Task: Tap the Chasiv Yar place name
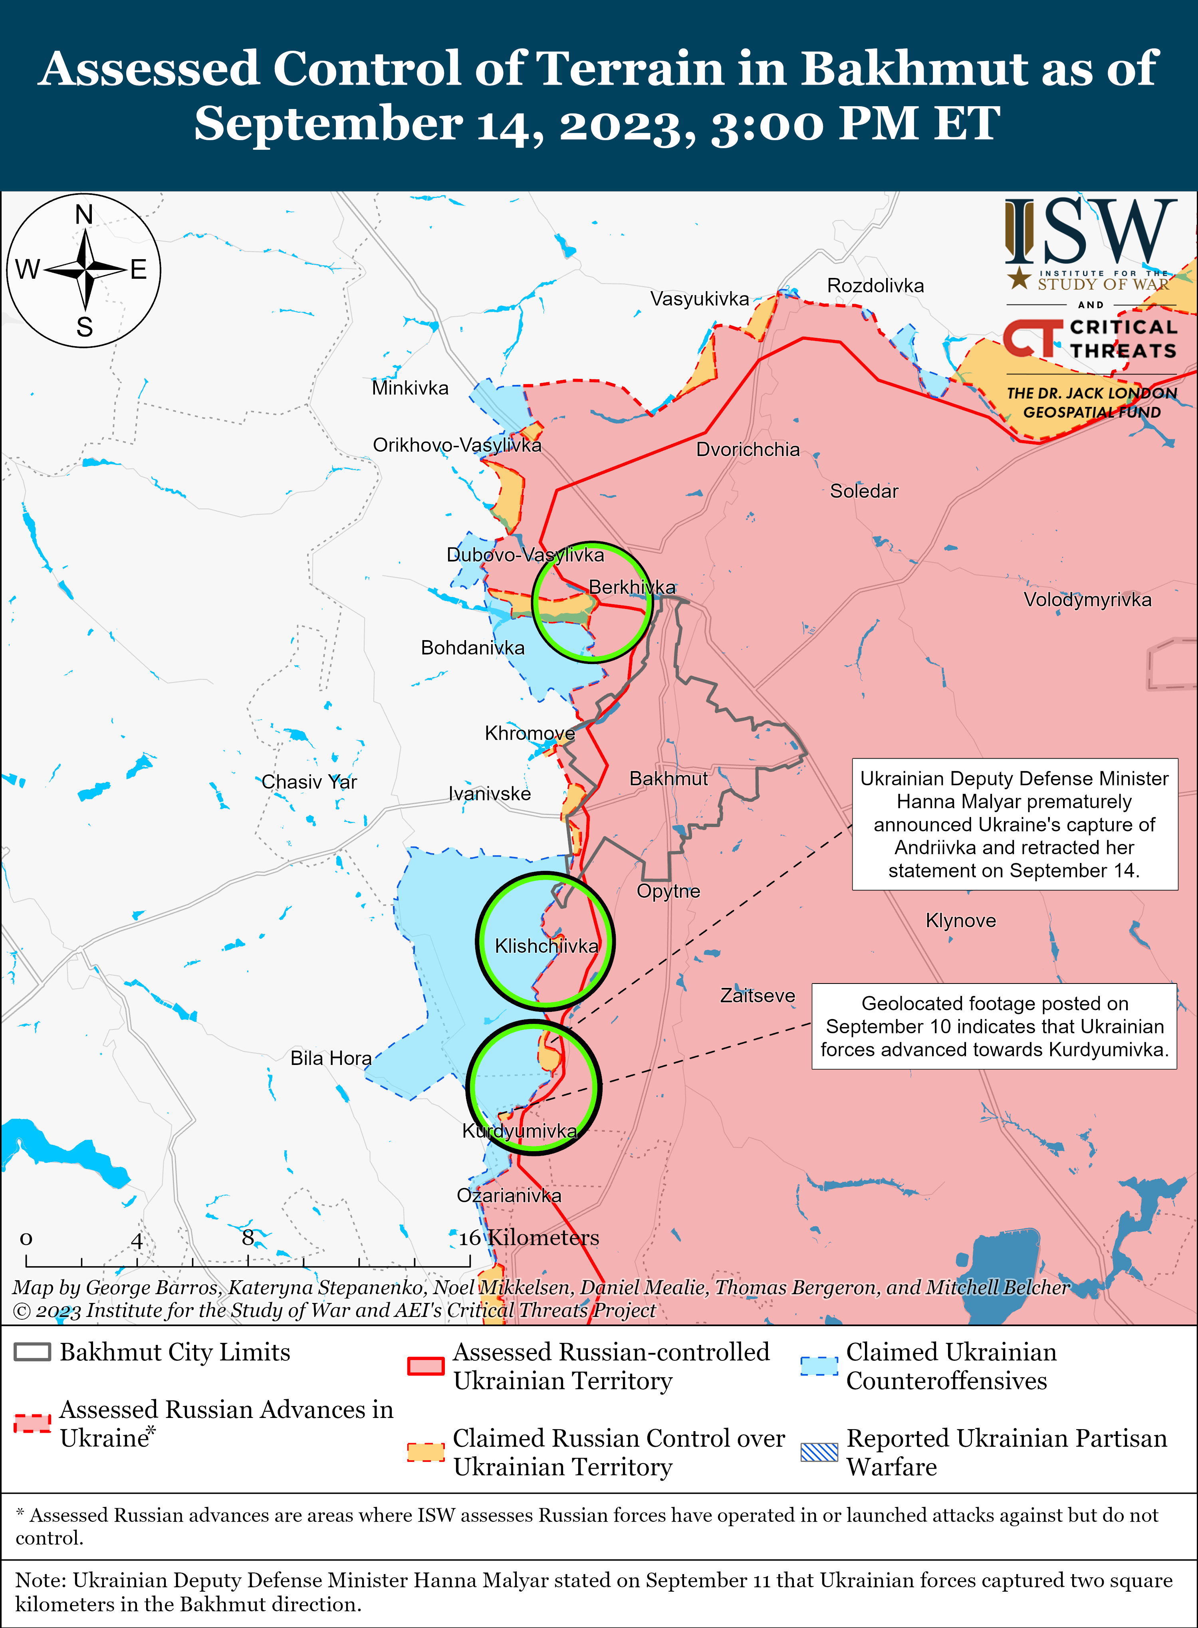309,782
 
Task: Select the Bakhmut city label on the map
668,778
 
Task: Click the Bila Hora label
331,1058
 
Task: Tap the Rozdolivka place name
875,286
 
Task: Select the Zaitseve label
757,995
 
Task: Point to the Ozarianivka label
508,1195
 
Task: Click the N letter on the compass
84,215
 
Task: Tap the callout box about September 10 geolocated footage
994,1026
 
